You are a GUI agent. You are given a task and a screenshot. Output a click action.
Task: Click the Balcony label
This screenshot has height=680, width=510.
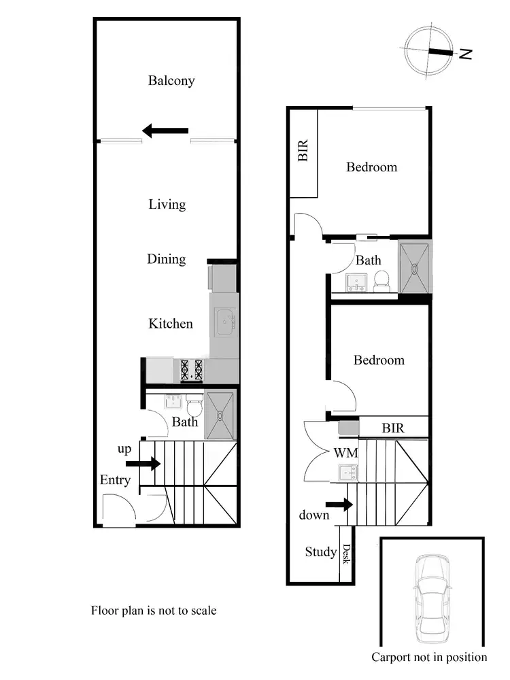pyautogui.click(x=171, y=81)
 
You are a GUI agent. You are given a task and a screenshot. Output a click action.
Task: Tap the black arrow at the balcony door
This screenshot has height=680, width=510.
pyautogui.click(x=165, y=130)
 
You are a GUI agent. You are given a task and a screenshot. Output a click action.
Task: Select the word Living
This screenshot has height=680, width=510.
pyautogui.click(x=167, y=204)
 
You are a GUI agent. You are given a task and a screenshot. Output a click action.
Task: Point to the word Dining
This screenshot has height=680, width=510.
pyautogui.click(x=167, y=259)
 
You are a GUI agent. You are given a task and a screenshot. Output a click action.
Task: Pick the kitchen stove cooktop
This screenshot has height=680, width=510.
pyautogui.click(x=192, y=369)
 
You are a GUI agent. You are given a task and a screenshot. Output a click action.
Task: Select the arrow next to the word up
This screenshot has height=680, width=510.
pyautogui.click(x=143, y=464)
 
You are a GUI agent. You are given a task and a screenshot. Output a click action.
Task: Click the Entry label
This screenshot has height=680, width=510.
pyautogui.click(x=115, y=480)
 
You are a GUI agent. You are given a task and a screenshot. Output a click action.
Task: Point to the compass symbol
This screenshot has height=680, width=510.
pyautogui.click(x=428, y=51)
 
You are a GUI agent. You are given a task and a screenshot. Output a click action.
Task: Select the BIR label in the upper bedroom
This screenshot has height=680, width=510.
pyautogui.click(x=303, y=150)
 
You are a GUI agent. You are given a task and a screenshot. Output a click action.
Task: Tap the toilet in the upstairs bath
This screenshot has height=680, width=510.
pyautogui.click(x=382, y=281)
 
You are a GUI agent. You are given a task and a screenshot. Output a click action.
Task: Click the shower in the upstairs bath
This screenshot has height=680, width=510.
pyautogui.click(x=415, y=267)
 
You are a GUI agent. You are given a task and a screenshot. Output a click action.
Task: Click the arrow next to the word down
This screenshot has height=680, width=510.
pyautogui.click(x=339, y=505)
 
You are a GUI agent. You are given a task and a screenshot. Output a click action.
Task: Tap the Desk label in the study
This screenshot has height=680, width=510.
pyautogui.click(x=345, y=557)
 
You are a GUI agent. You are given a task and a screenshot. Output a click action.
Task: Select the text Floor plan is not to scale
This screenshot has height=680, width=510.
pyautogui.click(x=154, y=611)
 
